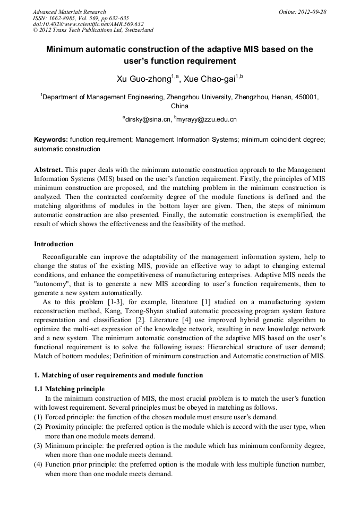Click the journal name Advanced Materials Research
pos(69,12)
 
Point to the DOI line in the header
pos(88,24)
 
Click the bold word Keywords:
pos(51,140)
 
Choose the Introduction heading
pos(54,244)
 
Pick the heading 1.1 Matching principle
pos(70,389)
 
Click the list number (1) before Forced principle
pos(38,417)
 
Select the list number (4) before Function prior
pos(38,464)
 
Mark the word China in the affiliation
pos(179,106)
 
